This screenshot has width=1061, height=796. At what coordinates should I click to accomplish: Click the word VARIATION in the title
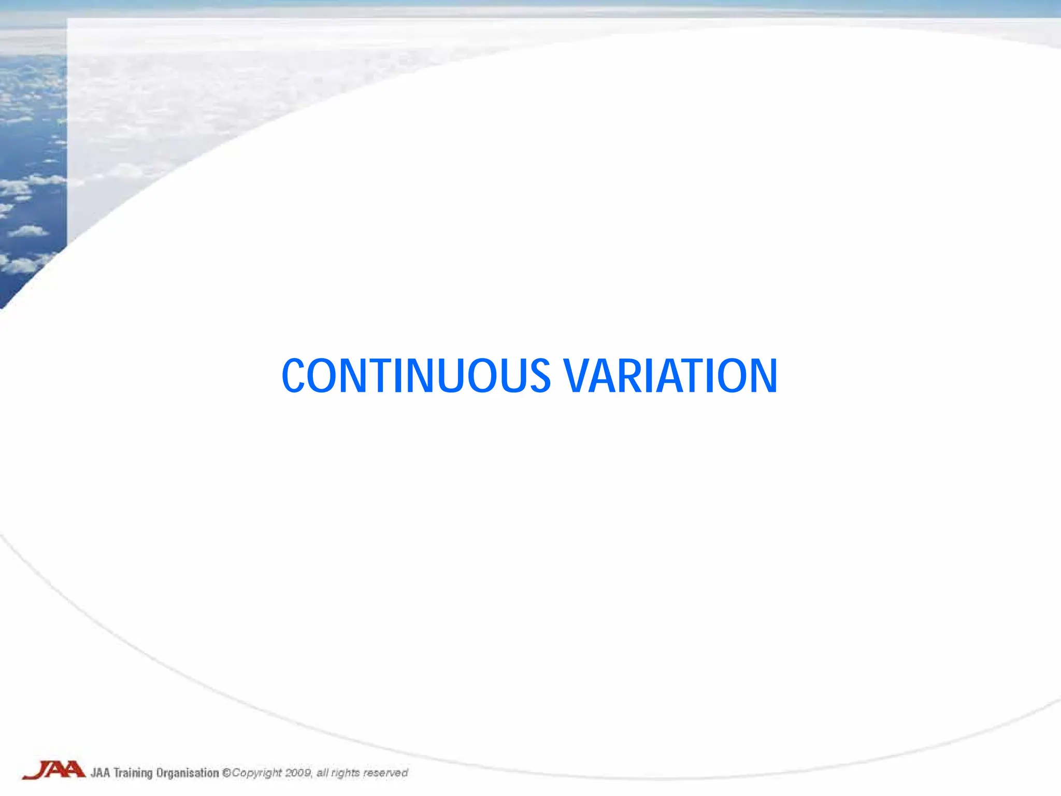671,376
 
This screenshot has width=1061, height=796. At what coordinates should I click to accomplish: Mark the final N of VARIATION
762,376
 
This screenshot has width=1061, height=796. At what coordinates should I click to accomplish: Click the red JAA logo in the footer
54,771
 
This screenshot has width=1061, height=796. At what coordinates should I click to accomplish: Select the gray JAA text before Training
101,773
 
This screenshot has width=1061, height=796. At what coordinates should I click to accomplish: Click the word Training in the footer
133,773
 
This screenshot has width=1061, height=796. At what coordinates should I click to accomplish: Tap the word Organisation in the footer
188,773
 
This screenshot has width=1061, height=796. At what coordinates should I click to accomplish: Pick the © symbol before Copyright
226,773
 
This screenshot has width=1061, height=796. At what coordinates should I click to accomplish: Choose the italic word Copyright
257,773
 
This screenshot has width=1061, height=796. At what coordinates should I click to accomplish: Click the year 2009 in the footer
298,773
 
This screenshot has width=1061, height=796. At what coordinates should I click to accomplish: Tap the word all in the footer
322,773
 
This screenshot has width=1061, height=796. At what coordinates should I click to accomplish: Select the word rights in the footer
345,773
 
